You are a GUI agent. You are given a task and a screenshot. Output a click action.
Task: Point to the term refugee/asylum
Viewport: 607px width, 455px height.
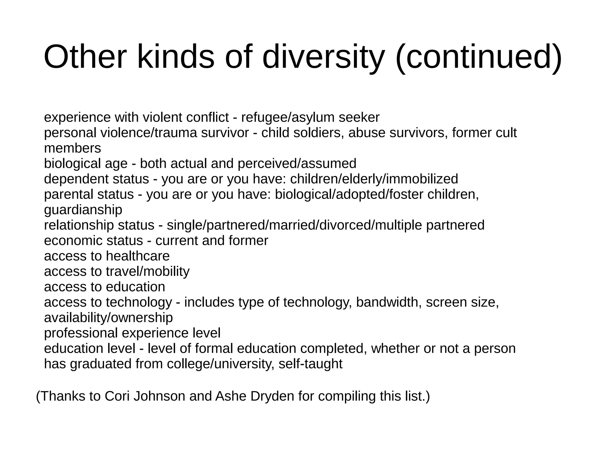tap(288, 118)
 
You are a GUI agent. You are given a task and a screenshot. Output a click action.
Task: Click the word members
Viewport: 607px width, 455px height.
tap(73, 149)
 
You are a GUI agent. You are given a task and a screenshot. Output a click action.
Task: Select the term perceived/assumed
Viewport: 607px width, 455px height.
tap(297, 164)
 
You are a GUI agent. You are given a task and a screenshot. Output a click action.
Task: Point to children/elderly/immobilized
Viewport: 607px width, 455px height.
tap(374, 179)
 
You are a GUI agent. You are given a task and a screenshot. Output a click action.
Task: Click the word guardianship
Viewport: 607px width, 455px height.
tap(83, 210)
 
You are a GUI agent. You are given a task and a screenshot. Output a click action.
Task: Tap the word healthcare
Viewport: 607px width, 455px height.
tap(138, 256)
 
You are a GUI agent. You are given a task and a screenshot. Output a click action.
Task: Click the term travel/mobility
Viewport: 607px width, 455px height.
tap(148, 272)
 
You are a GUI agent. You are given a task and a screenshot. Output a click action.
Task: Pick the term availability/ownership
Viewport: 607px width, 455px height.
tap(108, 318)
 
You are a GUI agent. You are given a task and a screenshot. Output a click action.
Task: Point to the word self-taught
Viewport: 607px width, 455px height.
tap(310, 364)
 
